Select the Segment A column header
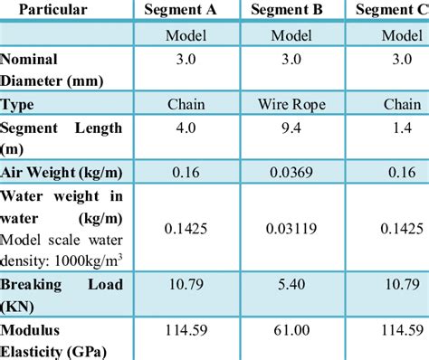pos(186,10)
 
